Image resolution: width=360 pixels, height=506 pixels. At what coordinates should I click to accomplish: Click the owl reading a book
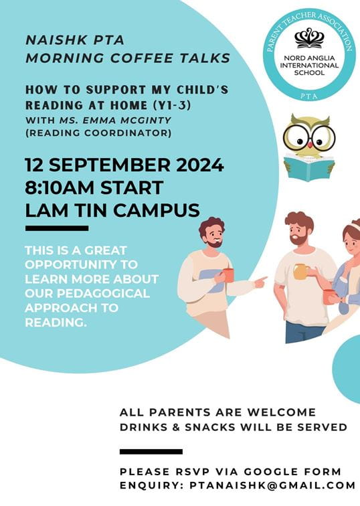tap(308, 147)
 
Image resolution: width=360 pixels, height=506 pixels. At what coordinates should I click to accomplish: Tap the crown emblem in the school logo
tap(308, 39)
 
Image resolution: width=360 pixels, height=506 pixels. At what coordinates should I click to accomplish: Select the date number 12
tap(39, 165)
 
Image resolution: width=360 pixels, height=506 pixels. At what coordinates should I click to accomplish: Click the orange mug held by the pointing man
tap(228, 274)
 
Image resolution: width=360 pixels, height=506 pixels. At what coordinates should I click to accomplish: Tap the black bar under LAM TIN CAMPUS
tap(56, 228)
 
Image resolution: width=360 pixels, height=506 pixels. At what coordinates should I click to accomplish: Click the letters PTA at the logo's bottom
tap(309, 98)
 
